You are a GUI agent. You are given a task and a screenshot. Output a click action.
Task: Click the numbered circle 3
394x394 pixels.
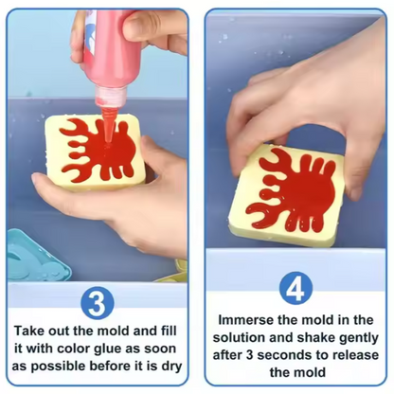point(99,302)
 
